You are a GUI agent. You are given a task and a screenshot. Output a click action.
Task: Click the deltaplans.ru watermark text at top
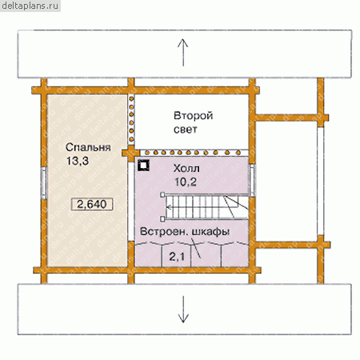click(x=30, y=6)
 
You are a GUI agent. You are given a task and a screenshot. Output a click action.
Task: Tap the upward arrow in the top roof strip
click(x=183, y=53)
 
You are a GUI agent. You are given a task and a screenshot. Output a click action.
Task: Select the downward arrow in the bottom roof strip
click(x=183, y=310)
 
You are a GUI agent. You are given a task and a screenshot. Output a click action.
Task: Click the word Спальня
click(x=88, y=147)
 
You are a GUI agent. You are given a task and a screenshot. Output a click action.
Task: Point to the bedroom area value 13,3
click(x=78, y=161)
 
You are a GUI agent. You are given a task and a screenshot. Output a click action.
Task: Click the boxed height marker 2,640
click(x=92, y=204)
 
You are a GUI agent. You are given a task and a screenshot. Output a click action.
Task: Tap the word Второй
click(x=193, y=116)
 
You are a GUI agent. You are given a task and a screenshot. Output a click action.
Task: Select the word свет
click(x=186, y=130)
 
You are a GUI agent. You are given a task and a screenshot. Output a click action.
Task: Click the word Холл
click(x=186, y=169)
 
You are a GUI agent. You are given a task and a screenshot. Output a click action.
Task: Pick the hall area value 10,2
click(x=186, y=182)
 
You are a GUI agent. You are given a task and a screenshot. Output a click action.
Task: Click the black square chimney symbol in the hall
click(x=143, y=166)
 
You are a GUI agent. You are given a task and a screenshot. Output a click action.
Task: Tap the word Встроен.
click(x=162, y=231)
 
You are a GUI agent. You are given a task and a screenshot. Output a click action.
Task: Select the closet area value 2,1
click(x=177, y=257)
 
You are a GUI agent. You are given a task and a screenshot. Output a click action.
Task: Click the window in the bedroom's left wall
click(x=44, y=182)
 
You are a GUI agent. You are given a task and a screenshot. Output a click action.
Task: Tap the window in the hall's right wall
click(x=252, y=180)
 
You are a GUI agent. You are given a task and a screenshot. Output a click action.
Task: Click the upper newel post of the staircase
click(x=162, y=195)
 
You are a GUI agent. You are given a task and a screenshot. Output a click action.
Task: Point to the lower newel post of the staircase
click(x=162, y=219)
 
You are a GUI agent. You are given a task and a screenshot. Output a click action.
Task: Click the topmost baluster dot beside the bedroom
click(x=131, y=98)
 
